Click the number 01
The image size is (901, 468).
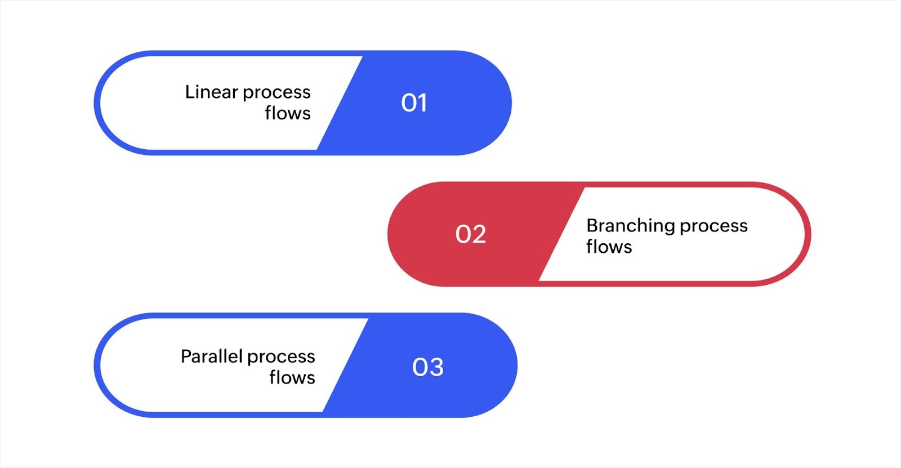(x=414, y=103)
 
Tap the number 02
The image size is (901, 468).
(x=470, y=234)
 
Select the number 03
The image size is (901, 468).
(x=427, y=367)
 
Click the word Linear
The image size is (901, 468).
(x=211, y=92)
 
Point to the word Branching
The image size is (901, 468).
(x=630, y=226)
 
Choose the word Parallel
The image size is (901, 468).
(x=211, y=356)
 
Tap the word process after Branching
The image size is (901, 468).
(x=713, y=226)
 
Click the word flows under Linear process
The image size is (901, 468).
(x=288, y=113)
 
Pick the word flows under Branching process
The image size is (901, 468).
(x=609, y=247)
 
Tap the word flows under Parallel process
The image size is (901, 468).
(x=292, y=377)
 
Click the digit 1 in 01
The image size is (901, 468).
(x=422, y=103)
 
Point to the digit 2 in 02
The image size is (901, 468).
(x=479, y=234)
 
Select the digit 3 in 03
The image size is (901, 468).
(x=436, y=367)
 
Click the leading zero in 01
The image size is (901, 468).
(x=408, y=103)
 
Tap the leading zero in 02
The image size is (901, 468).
(x=462, y=234)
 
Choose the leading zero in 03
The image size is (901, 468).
(x=420, y=367)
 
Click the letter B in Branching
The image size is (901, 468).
(x=592, y=226)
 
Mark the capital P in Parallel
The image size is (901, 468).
(x=186, y=356)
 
